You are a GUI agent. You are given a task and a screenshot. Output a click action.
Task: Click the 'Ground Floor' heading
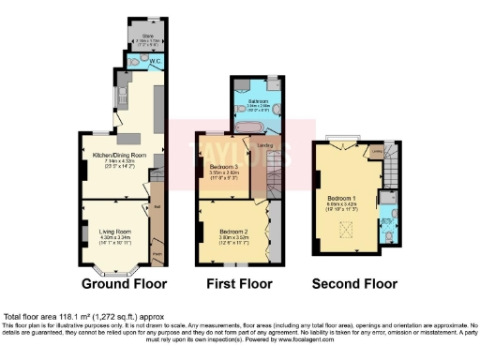tap(124, 282)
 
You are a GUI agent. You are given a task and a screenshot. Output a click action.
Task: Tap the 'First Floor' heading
tap(239, 282)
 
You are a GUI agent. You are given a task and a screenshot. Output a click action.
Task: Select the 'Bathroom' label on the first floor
tap(259, 100)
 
